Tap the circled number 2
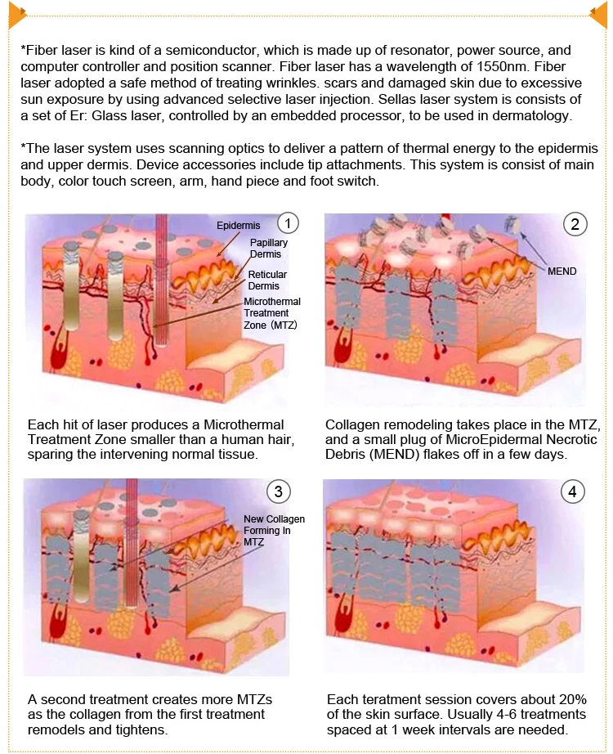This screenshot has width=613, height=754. tap(575, 224)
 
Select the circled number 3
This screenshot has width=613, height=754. tap(279, 491)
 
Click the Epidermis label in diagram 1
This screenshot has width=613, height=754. tap(237, 225)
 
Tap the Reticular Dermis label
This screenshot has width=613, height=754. tap(267, 281)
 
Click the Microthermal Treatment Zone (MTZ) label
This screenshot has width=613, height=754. tap(272, 314)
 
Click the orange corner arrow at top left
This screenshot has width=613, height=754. tap(13, 13)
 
